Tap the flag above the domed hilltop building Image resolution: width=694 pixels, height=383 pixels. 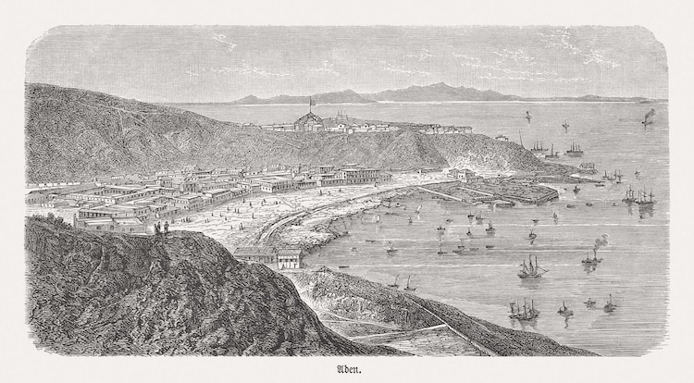(310, 100)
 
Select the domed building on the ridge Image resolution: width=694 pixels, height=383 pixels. (309, 122)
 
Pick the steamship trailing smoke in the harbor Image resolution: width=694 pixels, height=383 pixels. (592, 254)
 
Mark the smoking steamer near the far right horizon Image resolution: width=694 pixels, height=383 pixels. (649, 117)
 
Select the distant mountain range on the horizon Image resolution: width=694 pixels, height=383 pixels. (416, 93)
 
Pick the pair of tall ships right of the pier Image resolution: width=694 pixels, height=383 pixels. (638, 195)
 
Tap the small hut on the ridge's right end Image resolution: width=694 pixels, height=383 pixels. (501, 137)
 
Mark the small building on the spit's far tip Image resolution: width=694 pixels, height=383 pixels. (588, 167)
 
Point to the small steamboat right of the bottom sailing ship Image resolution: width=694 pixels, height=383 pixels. (564, 310)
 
